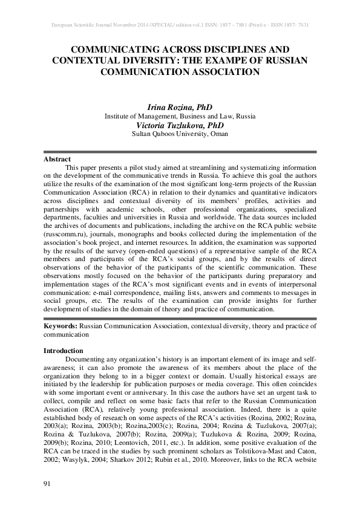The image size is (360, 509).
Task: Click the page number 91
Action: [x=47, y=484]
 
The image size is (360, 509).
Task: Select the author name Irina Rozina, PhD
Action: [x=180, y=106]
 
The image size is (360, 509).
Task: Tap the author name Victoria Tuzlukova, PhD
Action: [x=180, y=125]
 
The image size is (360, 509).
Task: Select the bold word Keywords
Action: [x=61, y=325]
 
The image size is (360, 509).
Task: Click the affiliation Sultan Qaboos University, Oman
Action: [x=180, y=134]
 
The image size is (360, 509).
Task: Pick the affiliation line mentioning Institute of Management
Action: [x=180, y=115]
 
